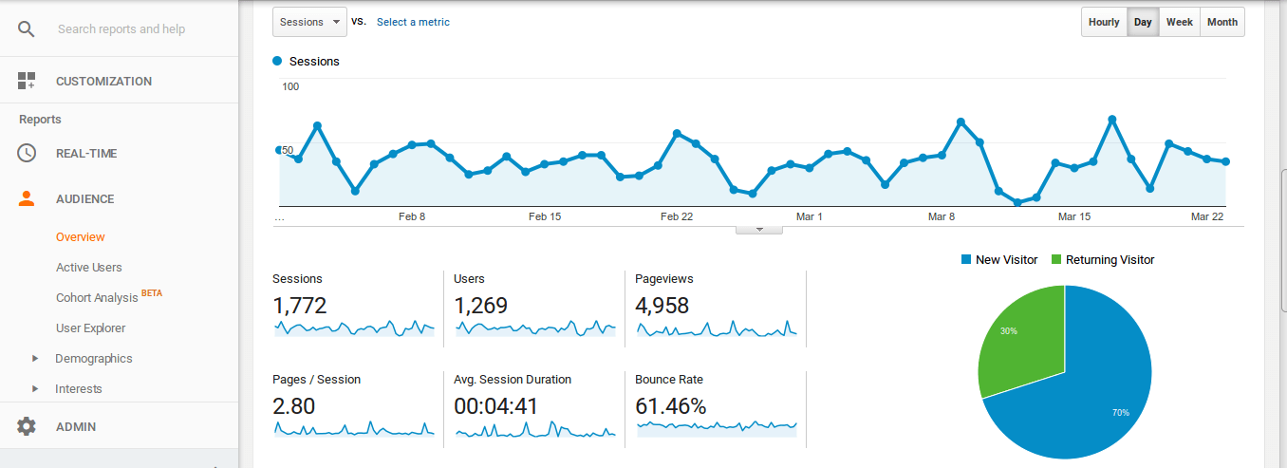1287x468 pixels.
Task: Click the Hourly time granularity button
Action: click(x=1104, y=22)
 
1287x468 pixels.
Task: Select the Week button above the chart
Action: click(x=1180, y=22)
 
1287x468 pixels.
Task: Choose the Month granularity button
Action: click(x=1222, y=22)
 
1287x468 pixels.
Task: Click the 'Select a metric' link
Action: click(x=413, y=22)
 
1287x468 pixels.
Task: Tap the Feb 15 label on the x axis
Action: click(x=544, y=216)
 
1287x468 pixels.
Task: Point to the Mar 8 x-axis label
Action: click(x=942, y=216)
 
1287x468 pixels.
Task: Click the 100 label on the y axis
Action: click(x=290, y=87)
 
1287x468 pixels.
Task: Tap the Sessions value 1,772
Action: click(x=299, y=306)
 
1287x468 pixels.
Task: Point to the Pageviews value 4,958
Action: click(x=662, y=306)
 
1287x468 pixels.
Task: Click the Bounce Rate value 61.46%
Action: click(x=671, y=406)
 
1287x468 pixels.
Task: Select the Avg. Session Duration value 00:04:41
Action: click(x=496, y=406)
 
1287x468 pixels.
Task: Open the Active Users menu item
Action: click(x=89, y=268)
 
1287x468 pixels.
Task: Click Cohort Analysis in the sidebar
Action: click(x=97, y=298)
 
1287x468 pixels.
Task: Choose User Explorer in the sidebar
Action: click(x=91, y=328)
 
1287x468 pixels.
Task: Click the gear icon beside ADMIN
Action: click(x=27, y=427)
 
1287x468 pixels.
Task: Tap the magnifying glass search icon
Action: click(x=27, y=29)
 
